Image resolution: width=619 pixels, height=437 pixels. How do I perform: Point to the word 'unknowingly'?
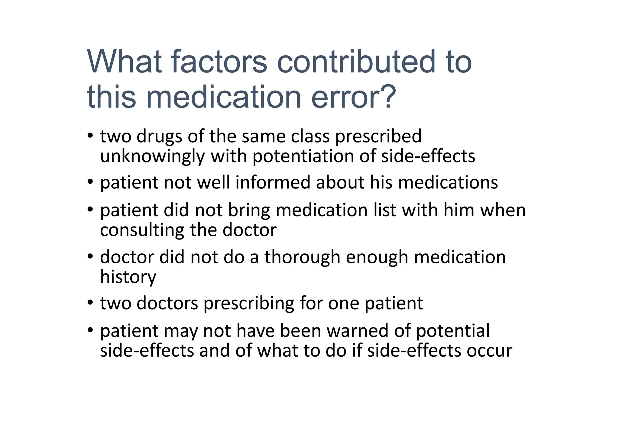152,157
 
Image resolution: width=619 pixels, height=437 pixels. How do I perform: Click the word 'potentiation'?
303,157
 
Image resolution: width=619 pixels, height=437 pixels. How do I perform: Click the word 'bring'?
249,210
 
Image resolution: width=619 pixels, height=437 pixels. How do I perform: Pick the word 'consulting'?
142,230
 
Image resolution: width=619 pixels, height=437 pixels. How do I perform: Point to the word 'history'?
128,277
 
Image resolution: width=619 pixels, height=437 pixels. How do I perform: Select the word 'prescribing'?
249,304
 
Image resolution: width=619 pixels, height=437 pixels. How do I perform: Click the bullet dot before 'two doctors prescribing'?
90,303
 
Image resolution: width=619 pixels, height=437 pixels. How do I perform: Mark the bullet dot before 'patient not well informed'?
90,182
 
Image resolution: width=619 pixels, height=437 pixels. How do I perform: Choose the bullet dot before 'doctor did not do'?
90,256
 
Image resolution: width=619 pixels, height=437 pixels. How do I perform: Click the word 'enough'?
377,258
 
